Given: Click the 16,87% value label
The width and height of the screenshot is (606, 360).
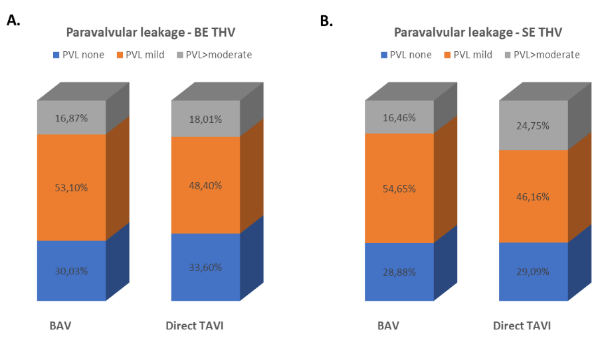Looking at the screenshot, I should coord(72,118).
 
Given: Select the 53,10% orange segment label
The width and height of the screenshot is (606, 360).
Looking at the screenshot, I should coord(72,187).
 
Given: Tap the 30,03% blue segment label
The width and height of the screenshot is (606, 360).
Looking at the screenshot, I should coord(72,270).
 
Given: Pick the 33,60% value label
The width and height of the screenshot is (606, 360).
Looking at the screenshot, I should coord(205,267).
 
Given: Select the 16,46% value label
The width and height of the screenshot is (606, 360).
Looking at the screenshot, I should coord(399,118).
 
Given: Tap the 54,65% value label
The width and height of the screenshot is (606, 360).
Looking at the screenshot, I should coord(399,189).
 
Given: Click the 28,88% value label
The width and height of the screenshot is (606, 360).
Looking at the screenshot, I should coord(399,272).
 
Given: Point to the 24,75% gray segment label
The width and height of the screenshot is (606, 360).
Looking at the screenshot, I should coord(534,126).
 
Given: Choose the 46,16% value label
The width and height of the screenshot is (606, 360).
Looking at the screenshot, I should coord(534,197).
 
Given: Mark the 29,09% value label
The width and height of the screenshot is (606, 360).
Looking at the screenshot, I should coord(534,272).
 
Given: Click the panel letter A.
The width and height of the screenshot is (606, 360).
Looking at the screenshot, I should coord(13,21).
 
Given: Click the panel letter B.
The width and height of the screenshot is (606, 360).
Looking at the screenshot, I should coord(326,21).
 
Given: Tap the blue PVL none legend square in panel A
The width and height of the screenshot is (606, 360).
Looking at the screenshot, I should coord(56,54).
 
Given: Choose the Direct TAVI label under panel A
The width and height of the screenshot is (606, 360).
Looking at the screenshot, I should coord(199,326).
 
